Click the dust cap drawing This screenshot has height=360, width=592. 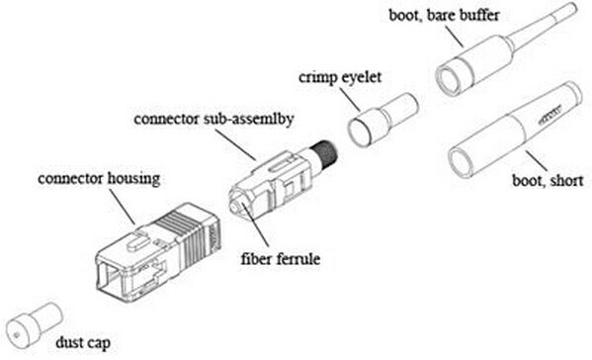tap(32, 321)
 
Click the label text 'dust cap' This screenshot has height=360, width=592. tap(82, 343)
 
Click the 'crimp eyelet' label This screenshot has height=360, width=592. tap(335, 75)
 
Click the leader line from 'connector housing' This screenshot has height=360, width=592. tap(123, 205)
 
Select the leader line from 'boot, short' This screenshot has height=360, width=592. tap(530, 162)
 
